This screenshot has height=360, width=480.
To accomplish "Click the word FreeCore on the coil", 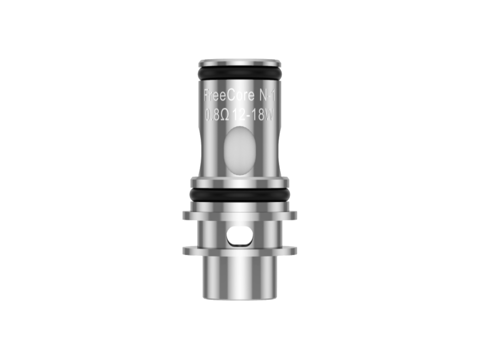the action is pos(229,96).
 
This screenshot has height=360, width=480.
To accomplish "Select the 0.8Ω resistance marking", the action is pos(217,115).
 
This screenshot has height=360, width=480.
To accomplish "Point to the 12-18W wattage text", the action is pos(252,115).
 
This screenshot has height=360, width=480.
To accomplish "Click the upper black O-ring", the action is pos(240,73).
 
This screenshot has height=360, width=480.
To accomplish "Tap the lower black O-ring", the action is pos(240,195).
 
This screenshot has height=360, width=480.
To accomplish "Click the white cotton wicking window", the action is pos(240,151).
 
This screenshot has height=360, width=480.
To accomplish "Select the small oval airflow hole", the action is pos(240,237).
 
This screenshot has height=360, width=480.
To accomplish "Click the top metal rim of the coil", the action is pos(240,63).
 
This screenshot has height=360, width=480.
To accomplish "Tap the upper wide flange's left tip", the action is pos(183,216).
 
